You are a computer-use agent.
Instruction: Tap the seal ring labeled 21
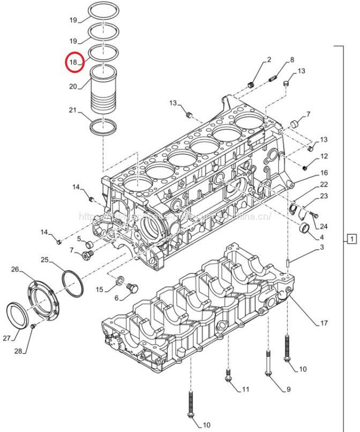(103, 128)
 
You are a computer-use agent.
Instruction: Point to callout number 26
(14, 269)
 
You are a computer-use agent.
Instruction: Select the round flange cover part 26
(41, 298)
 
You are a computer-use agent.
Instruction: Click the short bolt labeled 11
(229, 377)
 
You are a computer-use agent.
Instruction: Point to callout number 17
(324, 323)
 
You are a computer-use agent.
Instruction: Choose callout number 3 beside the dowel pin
(322, 247)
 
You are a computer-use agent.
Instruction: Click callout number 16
(324, 173)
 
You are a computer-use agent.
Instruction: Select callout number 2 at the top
(269, 59)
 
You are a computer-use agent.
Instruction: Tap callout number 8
(292, 59)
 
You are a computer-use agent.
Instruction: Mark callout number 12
(324, 156)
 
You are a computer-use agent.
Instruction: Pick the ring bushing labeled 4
(305, 231)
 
